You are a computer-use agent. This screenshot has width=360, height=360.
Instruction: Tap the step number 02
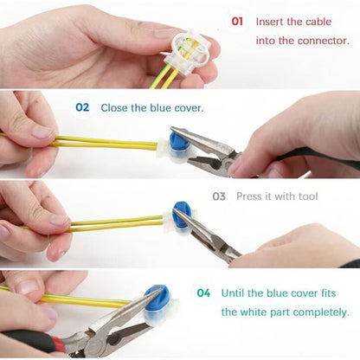(82, 108)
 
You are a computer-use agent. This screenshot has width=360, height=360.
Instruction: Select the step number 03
(219, 196)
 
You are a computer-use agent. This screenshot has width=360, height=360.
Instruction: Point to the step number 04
(203, 292)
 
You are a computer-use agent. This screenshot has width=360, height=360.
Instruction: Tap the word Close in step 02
(115, 108)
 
